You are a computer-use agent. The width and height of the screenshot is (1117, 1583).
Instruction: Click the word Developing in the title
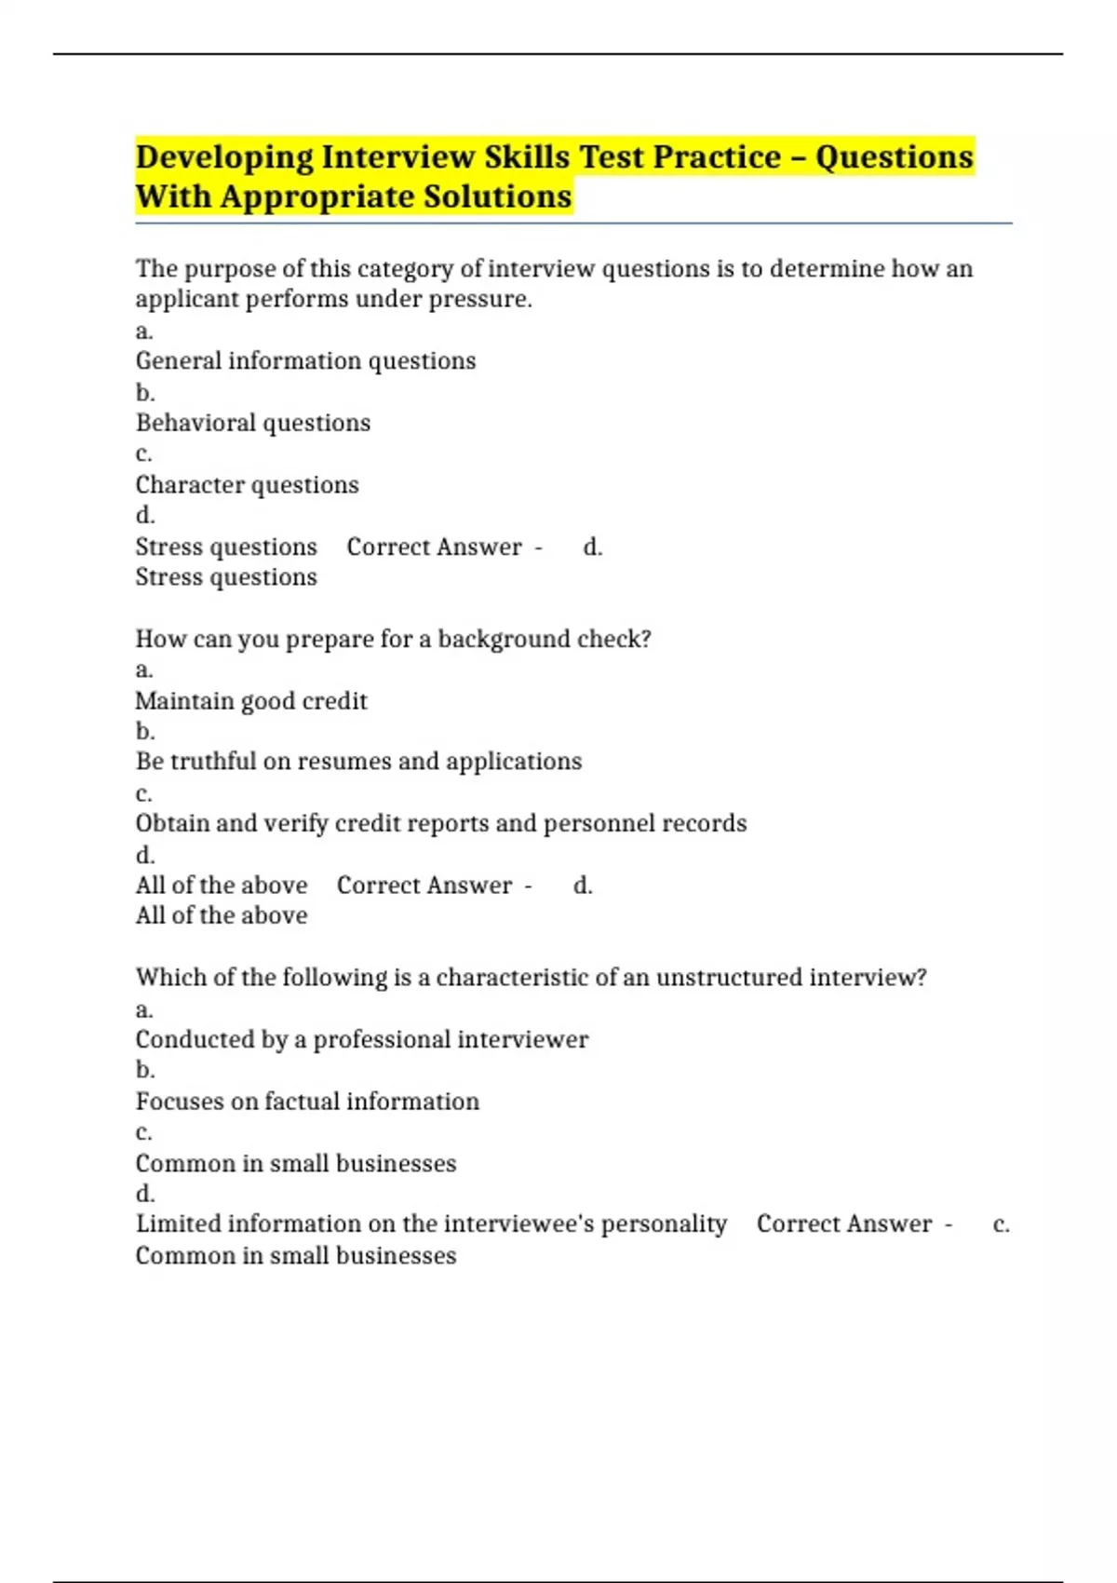224,157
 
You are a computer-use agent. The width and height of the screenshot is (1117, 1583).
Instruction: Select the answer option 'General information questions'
305,361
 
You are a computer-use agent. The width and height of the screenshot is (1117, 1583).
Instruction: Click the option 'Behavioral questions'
252,423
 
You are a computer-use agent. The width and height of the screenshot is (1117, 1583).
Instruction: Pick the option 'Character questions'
247,485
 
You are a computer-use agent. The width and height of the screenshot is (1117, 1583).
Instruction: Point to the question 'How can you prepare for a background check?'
393,639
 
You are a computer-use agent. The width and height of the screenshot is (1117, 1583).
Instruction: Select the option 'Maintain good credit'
251,701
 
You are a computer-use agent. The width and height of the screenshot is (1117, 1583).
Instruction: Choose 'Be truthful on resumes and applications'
358,762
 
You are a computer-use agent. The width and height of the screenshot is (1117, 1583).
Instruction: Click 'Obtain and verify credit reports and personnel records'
440,823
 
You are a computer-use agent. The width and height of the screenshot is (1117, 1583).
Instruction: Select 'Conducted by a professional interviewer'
361,1039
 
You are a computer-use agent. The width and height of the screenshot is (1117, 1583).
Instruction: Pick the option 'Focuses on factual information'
307,1102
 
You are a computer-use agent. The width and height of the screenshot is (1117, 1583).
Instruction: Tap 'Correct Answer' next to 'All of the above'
424,886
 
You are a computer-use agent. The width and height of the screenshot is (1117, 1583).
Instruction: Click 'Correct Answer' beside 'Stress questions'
434,547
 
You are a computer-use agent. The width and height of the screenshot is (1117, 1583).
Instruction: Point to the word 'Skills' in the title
527,157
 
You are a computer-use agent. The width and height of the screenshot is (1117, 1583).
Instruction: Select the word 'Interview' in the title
398,157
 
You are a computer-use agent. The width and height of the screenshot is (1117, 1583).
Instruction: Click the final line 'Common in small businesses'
296,1256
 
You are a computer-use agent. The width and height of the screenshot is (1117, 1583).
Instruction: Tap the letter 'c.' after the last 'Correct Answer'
1001,1224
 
